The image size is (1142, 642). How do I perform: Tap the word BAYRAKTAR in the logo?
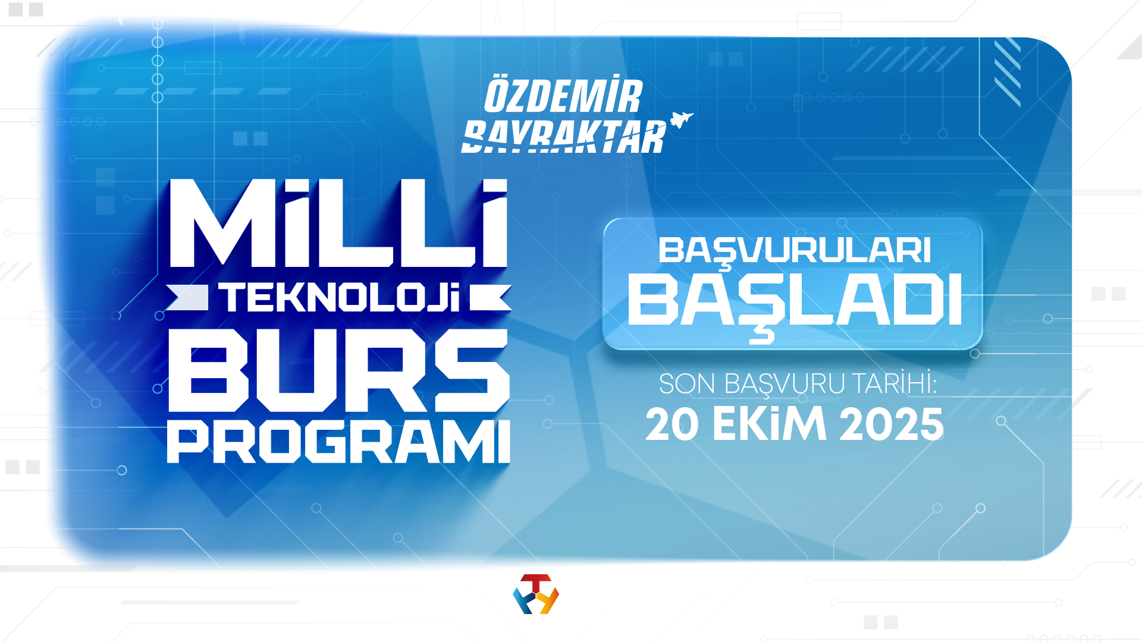(564, 137)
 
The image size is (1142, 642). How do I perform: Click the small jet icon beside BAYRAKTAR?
(681, 119)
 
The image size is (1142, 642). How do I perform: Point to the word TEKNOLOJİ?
(340, 298)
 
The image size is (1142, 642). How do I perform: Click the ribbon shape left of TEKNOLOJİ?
(188, 298)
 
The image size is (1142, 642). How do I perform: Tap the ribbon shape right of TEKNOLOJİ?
(490, 298)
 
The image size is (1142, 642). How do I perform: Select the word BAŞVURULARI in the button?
(794, 251)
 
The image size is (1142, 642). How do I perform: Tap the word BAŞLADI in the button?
(794, 302)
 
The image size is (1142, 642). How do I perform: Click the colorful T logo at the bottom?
(536, 594)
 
